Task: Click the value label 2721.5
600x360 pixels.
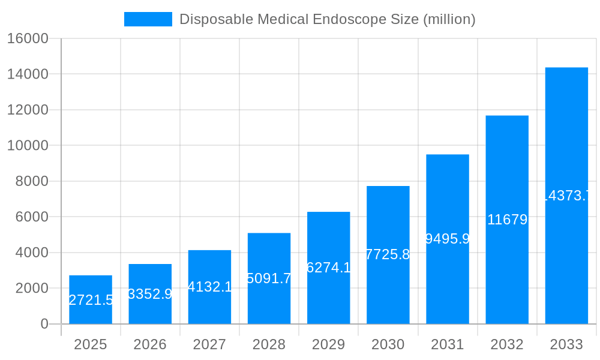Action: click(91, 300)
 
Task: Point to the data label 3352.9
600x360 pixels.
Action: click(150, 294)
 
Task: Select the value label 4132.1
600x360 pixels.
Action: click(209, 287)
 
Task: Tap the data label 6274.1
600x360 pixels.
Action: click(328, 268)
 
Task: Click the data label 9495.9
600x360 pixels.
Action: click(448, 239)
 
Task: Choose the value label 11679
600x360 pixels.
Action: click(507, 220)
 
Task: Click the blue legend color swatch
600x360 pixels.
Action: click(148, 19)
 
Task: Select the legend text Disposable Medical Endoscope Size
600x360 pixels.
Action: click(327, 19)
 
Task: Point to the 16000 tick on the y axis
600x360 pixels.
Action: click(27, 38)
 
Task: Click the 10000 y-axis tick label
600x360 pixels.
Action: click(27, 145)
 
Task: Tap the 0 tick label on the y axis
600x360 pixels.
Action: click(44, 324)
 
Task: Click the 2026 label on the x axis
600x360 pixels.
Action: click(150, 344)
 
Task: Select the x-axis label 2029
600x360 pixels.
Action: click(328, 344)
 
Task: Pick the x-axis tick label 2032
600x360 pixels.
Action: click(507, 344)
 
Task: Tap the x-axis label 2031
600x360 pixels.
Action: click(448, 344)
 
